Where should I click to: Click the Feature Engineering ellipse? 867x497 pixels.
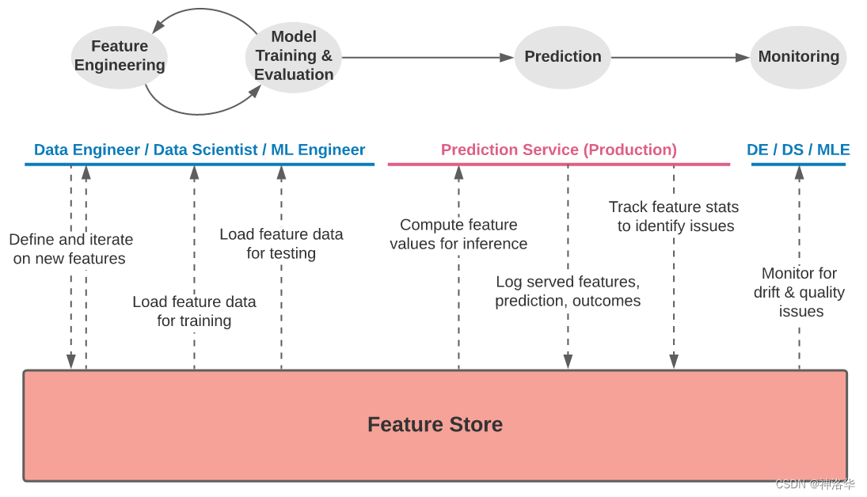(120, 56)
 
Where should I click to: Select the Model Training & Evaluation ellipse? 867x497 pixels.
(294, 56)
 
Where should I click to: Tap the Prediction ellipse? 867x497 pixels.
(563, 57)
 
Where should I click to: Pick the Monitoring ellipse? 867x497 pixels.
(798, 57)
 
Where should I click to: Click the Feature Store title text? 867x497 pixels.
(435, 425)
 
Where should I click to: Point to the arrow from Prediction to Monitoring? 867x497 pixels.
(679, 58)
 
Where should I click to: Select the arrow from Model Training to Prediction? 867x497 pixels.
(428, 58)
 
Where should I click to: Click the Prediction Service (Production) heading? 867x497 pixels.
(558, 150)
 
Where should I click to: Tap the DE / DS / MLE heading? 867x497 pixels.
(798, 150)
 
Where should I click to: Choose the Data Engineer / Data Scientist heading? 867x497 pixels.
(200, 150)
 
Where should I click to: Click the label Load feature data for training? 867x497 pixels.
(194, 311)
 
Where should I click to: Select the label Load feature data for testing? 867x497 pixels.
(281, 244)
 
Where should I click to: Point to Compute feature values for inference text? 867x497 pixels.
(458, 234)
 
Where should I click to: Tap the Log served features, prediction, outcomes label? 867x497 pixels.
(568, 291)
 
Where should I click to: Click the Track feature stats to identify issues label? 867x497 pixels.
(674, 216)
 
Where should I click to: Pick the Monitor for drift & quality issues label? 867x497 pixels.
(799, 292)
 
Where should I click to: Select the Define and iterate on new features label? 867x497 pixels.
(70, 248)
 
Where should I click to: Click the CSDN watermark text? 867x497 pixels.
(815, 484)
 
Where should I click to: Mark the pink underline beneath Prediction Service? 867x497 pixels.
(558, 165)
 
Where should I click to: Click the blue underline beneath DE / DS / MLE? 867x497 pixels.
(798, 165)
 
